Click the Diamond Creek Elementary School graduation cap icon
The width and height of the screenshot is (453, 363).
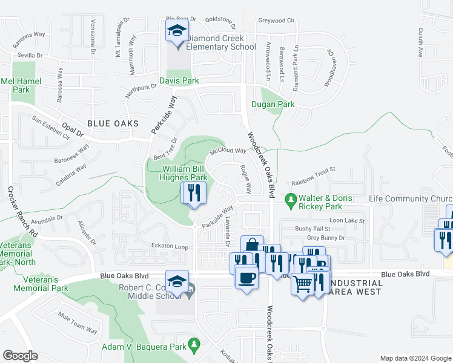177,31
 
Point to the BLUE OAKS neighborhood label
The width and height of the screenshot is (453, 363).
113,123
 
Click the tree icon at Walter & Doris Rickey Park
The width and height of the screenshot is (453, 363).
291,198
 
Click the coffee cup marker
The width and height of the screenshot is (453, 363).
246,278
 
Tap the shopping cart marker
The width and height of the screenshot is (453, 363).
303,283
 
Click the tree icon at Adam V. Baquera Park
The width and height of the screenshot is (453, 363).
194,346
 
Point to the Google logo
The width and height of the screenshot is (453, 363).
20,356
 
